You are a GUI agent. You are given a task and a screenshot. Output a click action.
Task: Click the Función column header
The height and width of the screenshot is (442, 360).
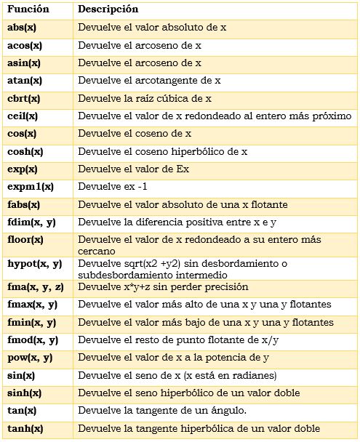tap(28, 9)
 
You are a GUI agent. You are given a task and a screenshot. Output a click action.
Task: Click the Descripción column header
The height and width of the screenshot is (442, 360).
tap(108, 9)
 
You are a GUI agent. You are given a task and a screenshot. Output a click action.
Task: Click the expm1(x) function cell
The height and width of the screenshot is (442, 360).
tap(31, 187)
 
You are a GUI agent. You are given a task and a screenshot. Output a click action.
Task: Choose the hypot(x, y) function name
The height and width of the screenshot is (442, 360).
tap(34, 264)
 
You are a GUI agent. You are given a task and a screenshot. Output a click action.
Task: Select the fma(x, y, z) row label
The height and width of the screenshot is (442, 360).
tap(36, 287)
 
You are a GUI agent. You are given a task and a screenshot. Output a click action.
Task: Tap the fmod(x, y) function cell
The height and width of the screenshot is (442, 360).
tap(33, 340)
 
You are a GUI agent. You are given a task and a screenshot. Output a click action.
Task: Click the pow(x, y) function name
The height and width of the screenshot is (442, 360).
tap(30, 358)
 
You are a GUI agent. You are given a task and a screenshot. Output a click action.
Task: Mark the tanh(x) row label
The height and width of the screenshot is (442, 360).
tap(25, 429)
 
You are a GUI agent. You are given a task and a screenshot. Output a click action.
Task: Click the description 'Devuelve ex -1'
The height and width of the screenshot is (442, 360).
tap(112, 187)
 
